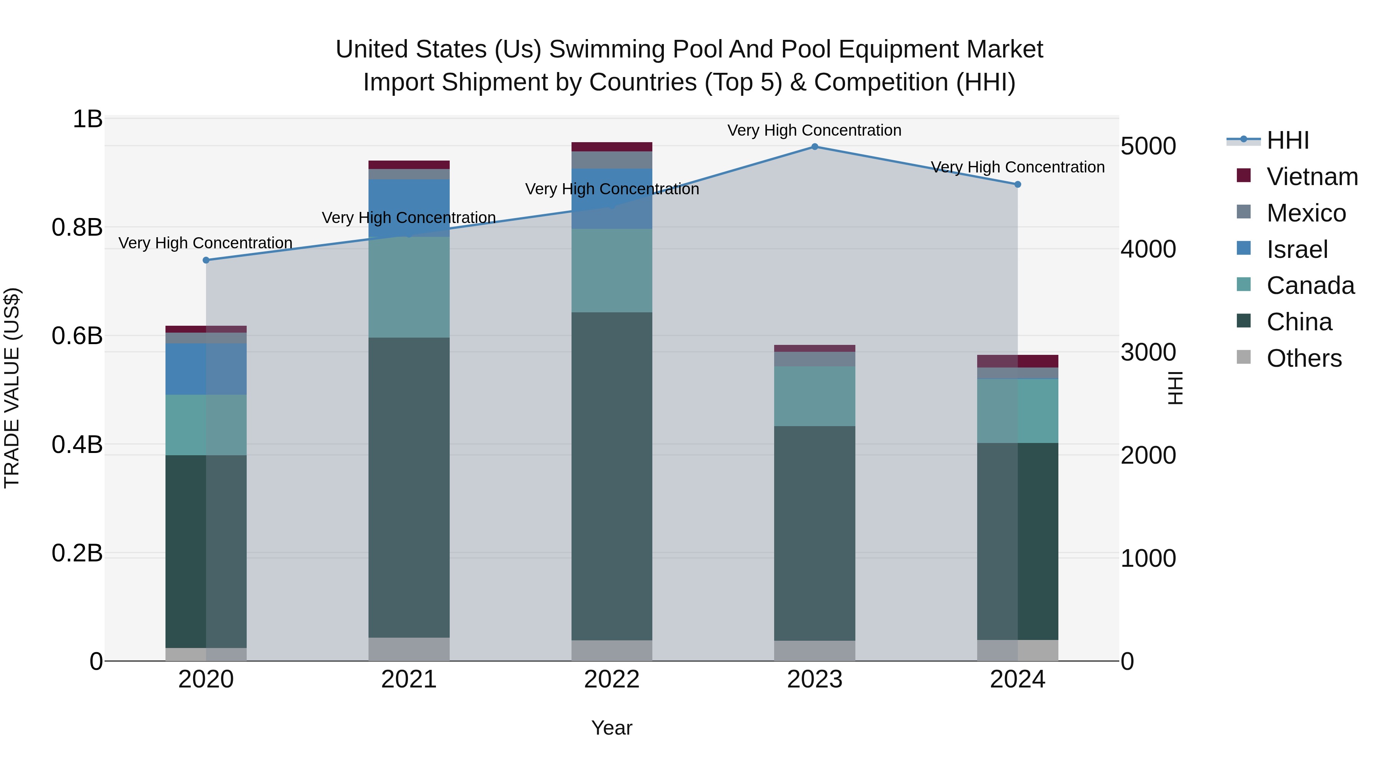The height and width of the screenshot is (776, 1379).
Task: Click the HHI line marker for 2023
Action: (x=814, y=146)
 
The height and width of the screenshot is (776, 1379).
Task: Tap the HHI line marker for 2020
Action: (x=206, y=260)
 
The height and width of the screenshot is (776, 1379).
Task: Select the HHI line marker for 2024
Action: (x=1018, y=184)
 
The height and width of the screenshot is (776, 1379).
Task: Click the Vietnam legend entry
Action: (x=1312, y=177)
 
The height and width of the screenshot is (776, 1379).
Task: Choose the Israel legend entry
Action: (x=1297, y=249)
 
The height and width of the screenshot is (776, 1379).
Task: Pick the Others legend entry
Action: (x=1304, y=358)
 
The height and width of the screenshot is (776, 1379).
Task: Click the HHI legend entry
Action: (x=1287, y=140)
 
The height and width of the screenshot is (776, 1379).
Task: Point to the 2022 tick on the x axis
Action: (x=611, y=679)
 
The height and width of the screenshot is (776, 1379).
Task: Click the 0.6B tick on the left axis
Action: (x=77, y=336)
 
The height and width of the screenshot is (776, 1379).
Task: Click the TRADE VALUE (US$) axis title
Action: (x=12, y=388)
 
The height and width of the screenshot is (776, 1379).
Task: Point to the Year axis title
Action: (x=611, y=728)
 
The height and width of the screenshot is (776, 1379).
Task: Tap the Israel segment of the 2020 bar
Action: (x=206, y=369)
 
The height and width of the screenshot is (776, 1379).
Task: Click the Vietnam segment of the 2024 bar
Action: (x=1018, y=361)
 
